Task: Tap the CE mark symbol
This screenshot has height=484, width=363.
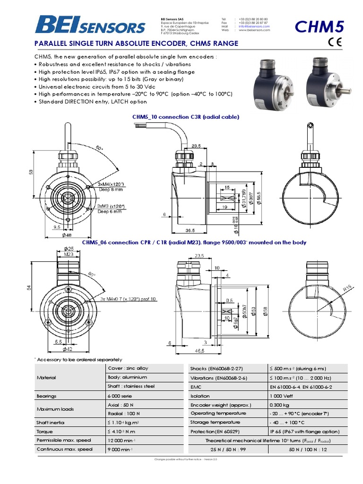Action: click(334, 43)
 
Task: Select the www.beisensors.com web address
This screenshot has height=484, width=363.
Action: click(254, 30)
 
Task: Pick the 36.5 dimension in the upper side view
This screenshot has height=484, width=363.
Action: click(190, 231)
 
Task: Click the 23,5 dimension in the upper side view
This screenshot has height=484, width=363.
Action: click(196, 146)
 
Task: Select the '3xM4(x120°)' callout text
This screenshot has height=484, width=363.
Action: click(111, 184)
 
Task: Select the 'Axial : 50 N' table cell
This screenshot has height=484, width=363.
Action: click(121, 405)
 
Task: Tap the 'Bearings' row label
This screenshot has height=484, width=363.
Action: click(46, 396)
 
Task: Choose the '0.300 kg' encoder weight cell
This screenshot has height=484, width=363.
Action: click(279, 405)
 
